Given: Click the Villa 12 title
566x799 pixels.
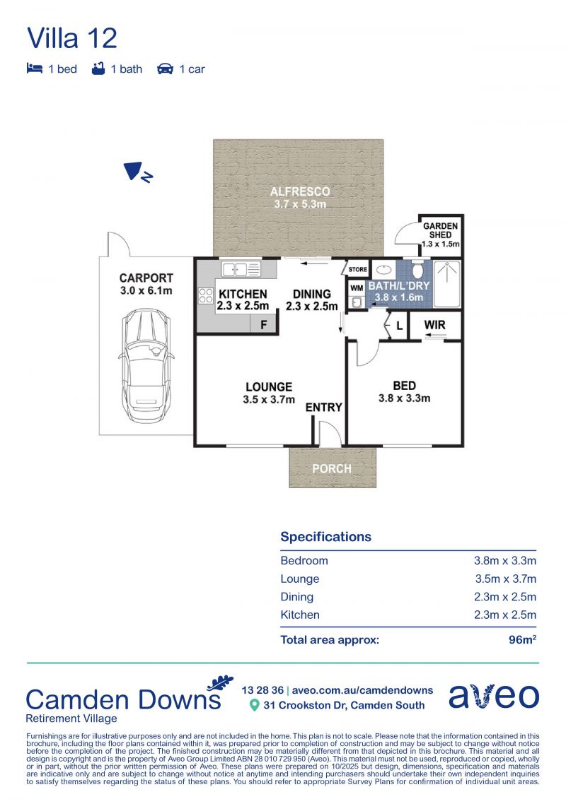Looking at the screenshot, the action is [72, 38].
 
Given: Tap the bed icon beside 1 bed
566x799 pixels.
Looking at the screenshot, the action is [34, 69].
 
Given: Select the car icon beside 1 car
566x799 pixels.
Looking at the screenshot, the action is [165, 69].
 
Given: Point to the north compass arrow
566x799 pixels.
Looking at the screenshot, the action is [137, 172].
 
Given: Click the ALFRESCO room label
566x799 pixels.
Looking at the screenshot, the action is [300, 191].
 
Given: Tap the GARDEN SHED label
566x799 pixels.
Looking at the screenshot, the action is [441, 230].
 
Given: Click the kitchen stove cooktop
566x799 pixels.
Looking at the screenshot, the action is [206, 296].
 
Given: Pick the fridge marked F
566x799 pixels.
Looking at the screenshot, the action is [263, 324].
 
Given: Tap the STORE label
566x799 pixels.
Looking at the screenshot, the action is [358, 270].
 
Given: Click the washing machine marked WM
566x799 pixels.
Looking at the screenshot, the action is [357, 288].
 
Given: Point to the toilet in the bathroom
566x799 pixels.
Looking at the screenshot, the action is [417, 268].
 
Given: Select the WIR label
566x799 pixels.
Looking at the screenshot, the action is [435, 324].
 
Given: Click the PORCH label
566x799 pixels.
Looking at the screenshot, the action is [332, 469].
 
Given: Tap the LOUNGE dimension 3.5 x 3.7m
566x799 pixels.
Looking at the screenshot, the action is [269, 400].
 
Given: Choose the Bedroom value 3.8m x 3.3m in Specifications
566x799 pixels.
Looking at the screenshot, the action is [504, 560].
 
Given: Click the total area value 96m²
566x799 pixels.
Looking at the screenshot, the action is [522, 639].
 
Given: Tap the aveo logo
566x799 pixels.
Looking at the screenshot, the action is [494, 696].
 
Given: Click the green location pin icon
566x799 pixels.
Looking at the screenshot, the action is [254, 705].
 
